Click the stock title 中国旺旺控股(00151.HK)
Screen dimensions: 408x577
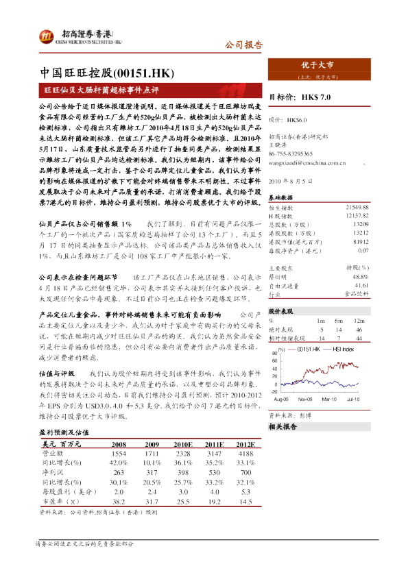pos(106,73)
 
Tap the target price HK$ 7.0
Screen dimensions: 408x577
pos(319,98)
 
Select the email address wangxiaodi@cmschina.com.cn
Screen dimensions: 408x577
pos(308,163)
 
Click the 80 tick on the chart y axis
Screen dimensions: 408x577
pos(274,354)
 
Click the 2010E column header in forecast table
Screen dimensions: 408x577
pos(182,444)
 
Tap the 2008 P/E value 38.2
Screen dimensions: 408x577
pos(118,502)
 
